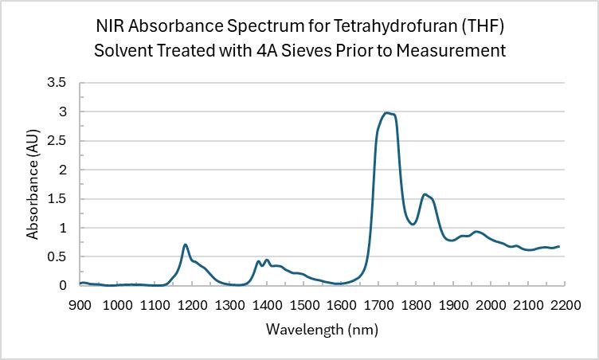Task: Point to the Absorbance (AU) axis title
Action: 33,183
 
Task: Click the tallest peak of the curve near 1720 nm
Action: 386,113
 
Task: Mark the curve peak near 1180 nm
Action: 185,245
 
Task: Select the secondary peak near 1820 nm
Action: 425,194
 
